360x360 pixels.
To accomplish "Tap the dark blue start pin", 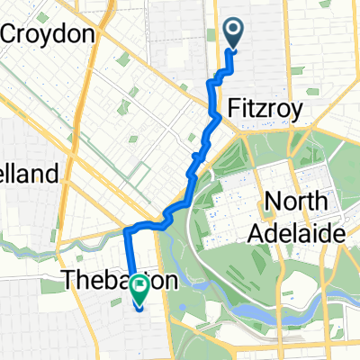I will pyautogui.click(x=233, y=32).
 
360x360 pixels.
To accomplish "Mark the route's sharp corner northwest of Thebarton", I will pyautogui.click(x=125, y=230).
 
